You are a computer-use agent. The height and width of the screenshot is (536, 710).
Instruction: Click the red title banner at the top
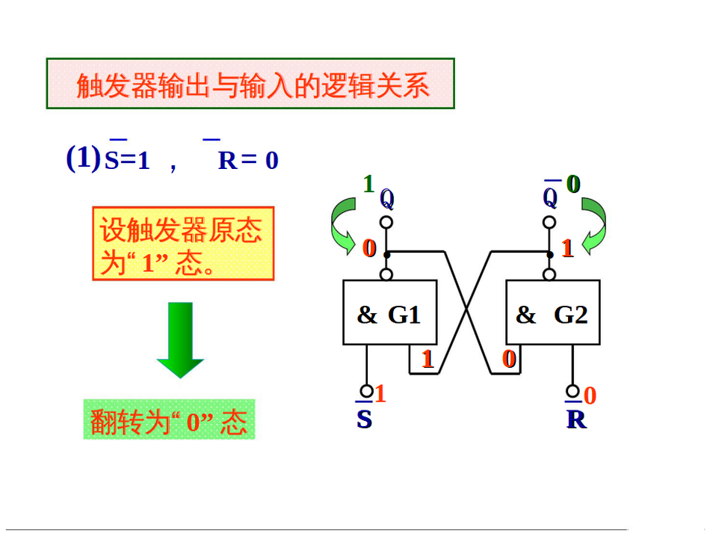250,84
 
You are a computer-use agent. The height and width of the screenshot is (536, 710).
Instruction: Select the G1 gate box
389,312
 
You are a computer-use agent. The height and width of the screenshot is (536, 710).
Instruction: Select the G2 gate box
552,312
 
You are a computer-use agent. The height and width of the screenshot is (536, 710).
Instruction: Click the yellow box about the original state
183,244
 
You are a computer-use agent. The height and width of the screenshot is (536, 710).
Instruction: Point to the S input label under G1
364,419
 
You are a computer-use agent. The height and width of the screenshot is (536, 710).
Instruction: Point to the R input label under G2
576,419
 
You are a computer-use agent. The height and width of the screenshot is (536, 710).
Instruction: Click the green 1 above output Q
368,183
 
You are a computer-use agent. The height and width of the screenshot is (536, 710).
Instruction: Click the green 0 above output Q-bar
573,183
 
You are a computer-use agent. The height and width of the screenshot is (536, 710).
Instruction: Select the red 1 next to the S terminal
380,393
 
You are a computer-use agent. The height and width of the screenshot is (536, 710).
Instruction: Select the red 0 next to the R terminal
590,395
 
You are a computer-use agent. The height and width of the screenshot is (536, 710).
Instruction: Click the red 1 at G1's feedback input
427,360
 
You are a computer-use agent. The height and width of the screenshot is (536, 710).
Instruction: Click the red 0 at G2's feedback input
510,360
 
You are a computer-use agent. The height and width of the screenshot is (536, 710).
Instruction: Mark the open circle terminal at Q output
386,222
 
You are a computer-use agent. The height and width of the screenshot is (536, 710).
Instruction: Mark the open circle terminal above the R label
573,390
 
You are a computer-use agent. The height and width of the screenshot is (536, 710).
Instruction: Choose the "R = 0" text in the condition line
248,160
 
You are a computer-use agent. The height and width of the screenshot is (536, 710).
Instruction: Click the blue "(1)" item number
83,158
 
